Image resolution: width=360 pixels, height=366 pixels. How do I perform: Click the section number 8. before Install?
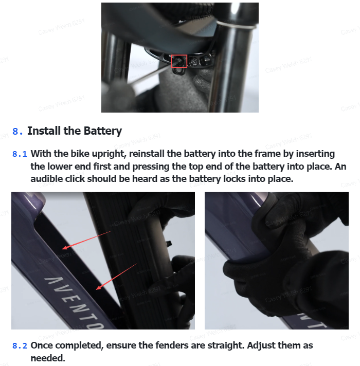point(17,131)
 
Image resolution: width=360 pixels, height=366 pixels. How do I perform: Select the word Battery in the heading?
point(103,131)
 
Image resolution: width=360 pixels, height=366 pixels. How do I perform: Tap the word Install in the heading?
point(44,131)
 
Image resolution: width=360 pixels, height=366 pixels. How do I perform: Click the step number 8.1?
point(20,154)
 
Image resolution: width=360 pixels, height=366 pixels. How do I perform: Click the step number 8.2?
point(20,345)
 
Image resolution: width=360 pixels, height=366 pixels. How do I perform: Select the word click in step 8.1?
point(75,179)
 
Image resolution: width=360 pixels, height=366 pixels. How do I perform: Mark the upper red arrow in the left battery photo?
point(86,240)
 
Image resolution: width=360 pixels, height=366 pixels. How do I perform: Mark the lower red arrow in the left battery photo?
point(116,277)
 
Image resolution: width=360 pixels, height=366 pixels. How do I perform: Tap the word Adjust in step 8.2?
point(261,345)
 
